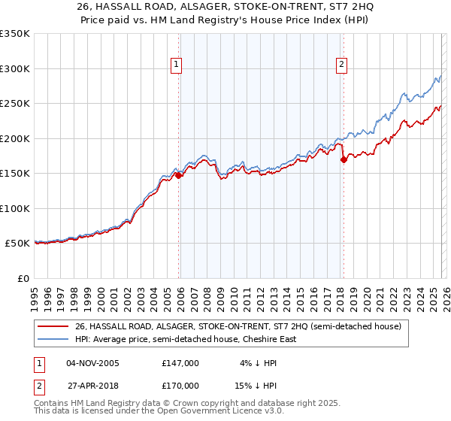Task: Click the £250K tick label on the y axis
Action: [14, 104]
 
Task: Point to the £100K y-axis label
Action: [14, 208]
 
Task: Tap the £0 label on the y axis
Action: [23, 278]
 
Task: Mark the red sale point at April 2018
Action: [343, 159]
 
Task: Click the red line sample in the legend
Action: [53, 326]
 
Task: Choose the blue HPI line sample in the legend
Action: [53, 339]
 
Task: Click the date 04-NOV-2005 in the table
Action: [92, 362]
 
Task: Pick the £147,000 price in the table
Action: [180, 362]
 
